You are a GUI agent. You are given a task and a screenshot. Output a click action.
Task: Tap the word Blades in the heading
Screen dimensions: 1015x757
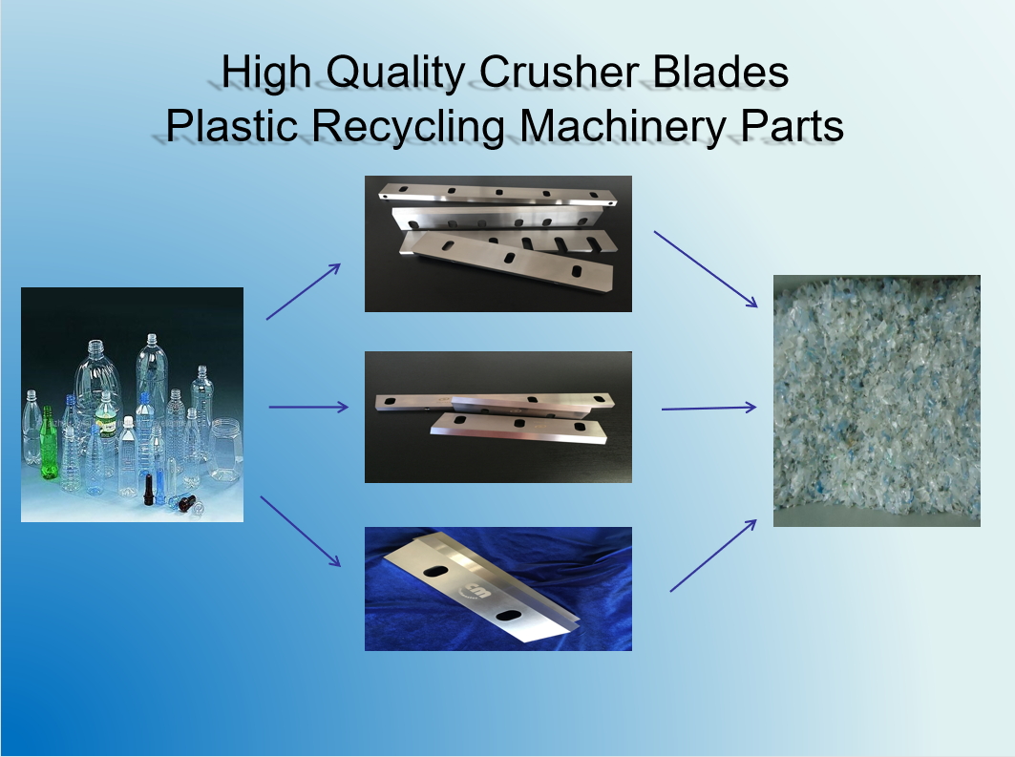click(721, 72)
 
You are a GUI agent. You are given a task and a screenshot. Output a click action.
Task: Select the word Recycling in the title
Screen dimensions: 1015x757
click(409, 126)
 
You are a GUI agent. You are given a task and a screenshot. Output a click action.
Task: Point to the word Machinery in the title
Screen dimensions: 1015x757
click(623, 126)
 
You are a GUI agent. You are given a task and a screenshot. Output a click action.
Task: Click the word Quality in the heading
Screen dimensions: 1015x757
click(395, 73)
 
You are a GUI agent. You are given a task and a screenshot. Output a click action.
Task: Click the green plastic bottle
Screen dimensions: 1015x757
click(49, 443)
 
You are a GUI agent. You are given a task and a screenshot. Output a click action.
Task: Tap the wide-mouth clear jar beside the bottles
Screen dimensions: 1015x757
click(225, 449)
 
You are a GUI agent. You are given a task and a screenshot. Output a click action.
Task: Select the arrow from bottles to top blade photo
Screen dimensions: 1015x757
click(303, 292)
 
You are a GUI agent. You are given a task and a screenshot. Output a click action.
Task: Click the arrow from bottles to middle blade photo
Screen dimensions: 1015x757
click(308, 407)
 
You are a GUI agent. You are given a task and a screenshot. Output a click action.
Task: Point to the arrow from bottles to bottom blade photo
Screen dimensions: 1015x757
click(301, 531)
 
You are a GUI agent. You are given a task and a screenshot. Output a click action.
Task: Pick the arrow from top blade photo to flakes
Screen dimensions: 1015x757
click(706, 268)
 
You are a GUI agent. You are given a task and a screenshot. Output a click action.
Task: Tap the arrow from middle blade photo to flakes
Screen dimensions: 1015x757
click(708, 408)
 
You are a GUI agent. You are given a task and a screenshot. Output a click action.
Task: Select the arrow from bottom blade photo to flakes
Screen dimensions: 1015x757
click(713, 556)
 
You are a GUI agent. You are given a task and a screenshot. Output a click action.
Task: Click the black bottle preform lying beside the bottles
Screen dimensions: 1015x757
click(183, 502)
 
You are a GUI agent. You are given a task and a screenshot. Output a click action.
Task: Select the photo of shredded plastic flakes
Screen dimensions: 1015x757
click(877, 401)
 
